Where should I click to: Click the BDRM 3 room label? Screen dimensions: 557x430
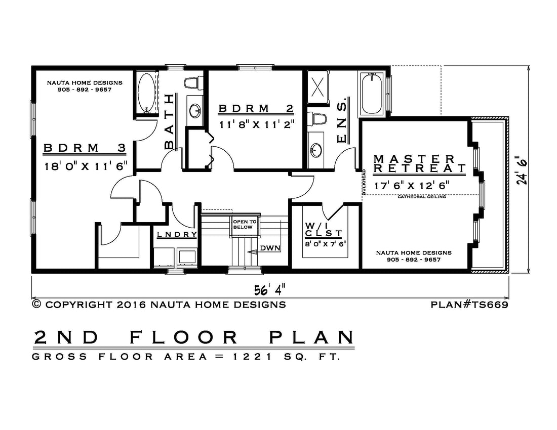(x=85, y=148)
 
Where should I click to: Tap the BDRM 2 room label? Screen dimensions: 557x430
(x=256, y=109)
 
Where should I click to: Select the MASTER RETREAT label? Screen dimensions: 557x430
(x=419, y=163)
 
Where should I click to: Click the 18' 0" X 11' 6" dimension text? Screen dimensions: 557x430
(x=86, y=166)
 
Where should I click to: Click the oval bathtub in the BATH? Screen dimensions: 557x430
(x=146, y=93)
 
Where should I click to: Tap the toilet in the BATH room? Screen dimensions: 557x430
(x=192, y=83)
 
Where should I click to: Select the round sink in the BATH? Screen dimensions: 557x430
(x=194, y=111)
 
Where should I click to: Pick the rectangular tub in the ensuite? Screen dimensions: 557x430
(x=372, y=93)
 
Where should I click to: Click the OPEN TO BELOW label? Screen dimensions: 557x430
(x=245, y=224)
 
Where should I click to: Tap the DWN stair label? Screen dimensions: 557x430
(x=270, y=248)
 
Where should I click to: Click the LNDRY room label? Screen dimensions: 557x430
(x=177, y=235)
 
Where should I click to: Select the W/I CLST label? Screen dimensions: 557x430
(x=324, y=230)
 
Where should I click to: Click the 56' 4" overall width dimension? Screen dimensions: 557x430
(x=269, y=290)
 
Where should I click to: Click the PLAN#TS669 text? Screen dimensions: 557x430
(x=469, y=305)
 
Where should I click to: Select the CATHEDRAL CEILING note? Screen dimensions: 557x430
(x=422, y=197)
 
